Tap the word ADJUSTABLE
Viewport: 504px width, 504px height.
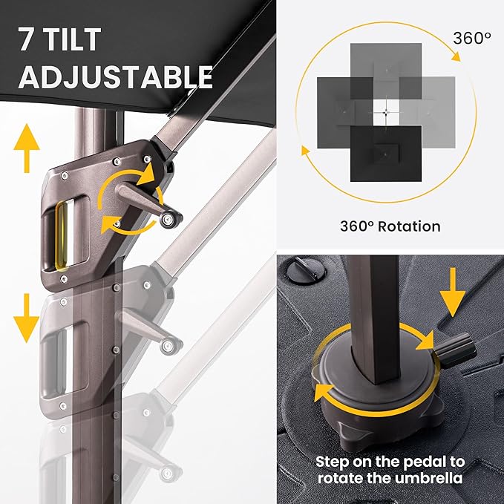click(x=116, y=77)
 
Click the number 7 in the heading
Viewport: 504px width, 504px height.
click(x=26, y=39)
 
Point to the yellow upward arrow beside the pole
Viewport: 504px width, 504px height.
click(x=27, y=148)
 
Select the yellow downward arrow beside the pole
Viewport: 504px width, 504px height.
click(x=27, y=318)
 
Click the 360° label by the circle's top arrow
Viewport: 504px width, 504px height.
click(x=472, y=39)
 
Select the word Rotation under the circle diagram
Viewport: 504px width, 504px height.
click(x=409, y=226)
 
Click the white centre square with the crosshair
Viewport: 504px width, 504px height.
click(x=387, y=112)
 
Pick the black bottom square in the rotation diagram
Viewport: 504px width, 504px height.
click(x=386, y=154)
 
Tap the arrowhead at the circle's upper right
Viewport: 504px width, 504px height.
click(x=456, y=56)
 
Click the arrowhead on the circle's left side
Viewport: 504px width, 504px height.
click(x=305, y=151)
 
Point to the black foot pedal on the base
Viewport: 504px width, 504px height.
click(x=456, y=350)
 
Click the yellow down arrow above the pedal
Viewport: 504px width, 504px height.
click(x=453, y=292)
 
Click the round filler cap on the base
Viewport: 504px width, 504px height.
click(x=306, y=269)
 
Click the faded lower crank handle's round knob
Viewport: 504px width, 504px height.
click(x=168, y=346)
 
